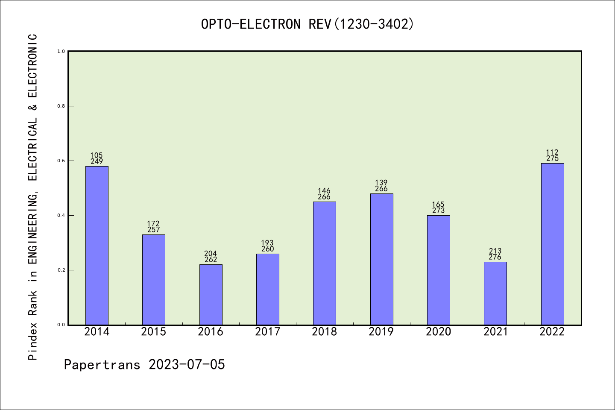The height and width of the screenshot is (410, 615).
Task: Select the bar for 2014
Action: [97, 246]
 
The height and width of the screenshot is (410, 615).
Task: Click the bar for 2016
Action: [211, 295]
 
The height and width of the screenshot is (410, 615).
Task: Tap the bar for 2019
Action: [381, 259]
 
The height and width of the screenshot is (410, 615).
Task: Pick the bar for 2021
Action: [495, 293]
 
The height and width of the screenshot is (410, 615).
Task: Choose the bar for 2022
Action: [552, 244]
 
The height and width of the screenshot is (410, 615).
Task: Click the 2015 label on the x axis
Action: [153, 332]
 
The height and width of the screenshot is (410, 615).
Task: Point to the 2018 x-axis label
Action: [324, 332]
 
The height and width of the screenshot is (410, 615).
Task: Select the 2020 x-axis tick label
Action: [438, 332]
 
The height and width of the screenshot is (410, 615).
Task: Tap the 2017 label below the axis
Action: [267, 332]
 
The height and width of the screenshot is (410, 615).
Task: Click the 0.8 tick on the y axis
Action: [61, 106]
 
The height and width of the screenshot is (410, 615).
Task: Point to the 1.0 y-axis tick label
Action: [61, 51]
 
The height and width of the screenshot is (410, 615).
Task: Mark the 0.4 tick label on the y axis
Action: [61, 215]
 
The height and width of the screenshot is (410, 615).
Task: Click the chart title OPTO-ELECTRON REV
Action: [307, 24]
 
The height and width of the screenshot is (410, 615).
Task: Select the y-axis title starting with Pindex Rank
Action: [33, 196]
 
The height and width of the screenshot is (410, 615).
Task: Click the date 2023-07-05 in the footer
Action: [187, 365]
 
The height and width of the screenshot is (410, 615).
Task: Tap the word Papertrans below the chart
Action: [102, 365]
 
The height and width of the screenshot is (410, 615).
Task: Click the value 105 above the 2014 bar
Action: [97, 155]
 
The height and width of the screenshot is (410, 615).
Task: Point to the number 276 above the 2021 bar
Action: [495, 257]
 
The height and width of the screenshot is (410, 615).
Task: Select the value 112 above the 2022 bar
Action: [552, 152]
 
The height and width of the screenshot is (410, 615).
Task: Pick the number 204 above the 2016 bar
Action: [211, 254]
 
